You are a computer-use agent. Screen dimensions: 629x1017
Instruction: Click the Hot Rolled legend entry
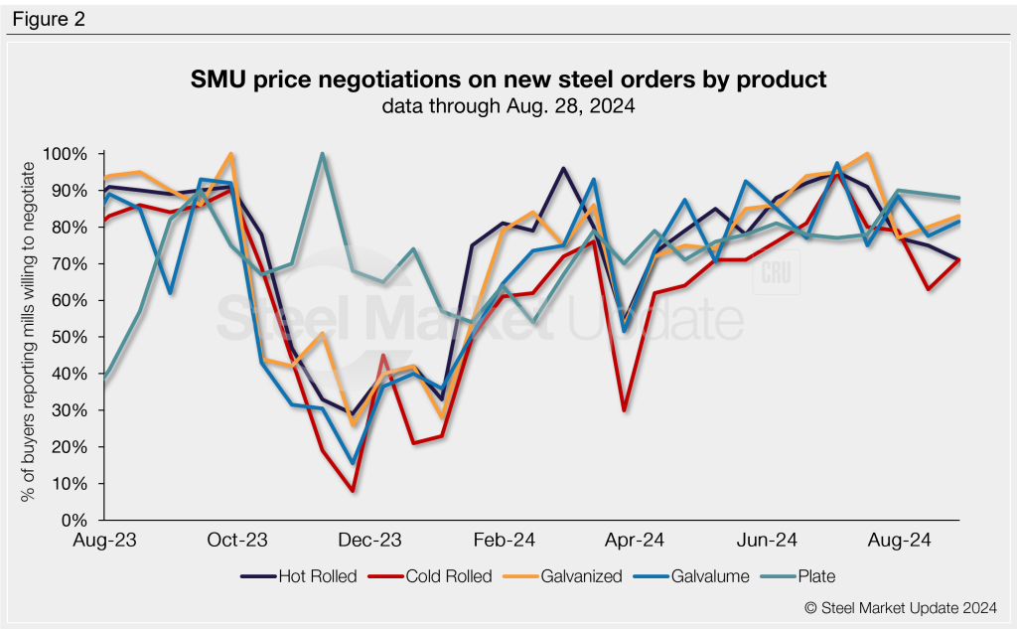299,575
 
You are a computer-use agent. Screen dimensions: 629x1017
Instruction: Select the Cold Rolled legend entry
434,575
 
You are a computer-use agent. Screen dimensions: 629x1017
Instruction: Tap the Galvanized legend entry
570,575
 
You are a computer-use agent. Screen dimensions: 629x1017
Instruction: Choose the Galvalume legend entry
696,575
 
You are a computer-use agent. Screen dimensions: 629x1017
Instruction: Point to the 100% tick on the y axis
67,154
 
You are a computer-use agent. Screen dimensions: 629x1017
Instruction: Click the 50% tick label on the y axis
71,337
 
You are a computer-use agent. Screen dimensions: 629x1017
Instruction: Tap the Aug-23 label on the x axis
104,541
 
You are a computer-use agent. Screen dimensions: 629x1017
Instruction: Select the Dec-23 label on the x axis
369,541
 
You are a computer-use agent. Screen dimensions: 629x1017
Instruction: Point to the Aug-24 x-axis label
900,541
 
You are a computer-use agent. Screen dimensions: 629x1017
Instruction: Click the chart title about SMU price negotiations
508,79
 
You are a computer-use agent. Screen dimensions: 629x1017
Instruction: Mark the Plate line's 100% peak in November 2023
323,154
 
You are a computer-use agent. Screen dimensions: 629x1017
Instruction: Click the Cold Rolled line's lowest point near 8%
352,491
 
